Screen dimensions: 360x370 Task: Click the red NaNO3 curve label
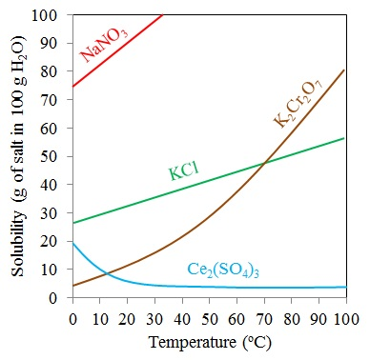point(104,45)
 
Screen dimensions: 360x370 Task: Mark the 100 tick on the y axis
point(51,16)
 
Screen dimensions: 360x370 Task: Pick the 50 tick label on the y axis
point(55,157)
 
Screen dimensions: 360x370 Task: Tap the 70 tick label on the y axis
point(55,101)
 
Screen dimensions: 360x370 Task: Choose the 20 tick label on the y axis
point(55,242)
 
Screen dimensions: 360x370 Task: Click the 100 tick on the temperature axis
point(344,315)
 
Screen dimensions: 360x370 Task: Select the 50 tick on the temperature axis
point(209,315)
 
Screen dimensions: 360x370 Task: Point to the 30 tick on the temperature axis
point(154,315)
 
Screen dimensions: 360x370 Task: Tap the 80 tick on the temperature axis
point(291,315)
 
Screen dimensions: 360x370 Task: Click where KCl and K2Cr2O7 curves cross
point(263,164)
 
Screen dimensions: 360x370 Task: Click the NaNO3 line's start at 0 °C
point(72,88)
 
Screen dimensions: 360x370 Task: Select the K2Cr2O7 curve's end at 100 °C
point(345,70)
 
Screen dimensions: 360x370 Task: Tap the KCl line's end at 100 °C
point(345,138)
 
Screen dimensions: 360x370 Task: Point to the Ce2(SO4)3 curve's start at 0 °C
point(72,242)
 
